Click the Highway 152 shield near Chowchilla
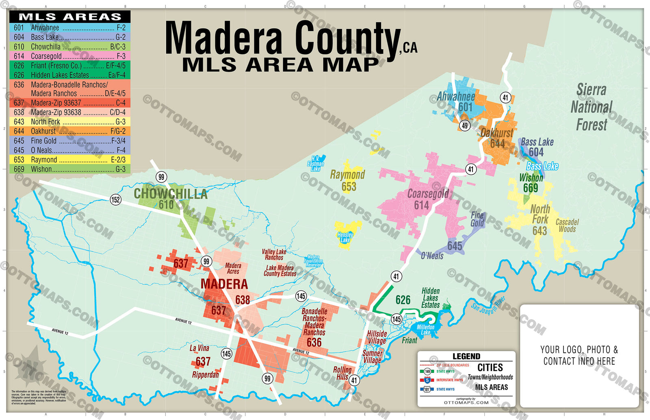click(x=116, y=199)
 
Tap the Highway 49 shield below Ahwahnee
click(x=465, y=125)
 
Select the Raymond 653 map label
click(x=348, y=180)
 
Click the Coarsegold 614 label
click(x=427, y=199)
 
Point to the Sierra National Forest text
click(x=591, y=107)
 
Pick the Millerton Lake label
click(x=425, y=330)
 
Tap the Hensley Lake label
click(x=345, y=237)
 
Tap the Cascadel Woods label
click(x=567, y=225)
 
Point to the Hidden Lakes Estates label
click(x=431, y=298)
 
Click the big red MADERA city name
click(x=224, y=284)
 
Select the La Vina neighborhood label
click(x=199, y=348)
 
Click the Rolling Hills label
click(x=342, y=373)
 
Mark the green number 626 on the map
click(x=403, y=300)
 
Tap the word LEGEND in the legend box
click(x=466, y=357)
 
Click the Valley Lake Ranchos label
click(x=274, y=255)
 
